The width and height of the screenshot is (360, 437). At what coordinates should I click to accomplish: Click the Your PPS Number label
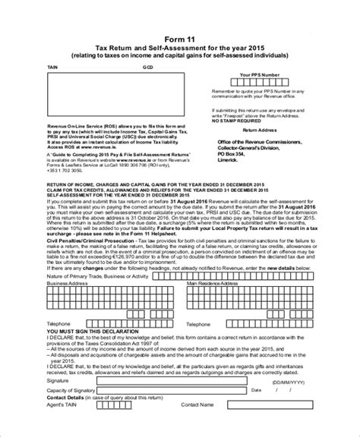(257, 75)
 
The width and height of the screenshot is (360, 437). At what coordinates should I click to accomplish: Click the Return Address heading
(257, 130)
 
